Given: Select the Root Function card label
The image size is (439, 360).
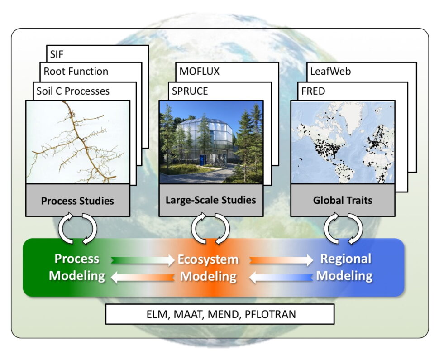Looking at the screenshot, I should point(76,71).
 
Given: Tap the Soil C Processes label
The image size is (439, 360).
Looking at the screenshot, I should point(73,91).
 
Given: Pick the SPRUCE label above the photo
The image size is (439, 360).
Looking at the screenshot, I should point(190,91).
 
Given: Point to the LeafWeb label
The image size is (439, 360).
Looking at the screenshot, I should point(330,71).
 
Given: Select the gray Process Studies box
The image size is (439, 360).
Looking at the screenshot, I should point(78,200).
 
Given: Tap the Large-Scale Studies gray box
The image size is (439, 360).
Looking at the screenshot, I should point(211,200).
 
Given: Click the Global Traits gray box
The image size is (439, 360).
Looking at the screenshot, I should point(343,200).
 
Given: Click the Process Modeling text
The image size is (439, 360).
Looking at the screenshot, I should point(77,267).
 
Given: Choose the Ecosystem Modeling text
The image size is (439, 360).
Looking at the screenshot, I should point(208,268).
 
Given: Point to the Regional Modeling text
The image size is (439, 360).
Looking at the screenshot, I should point(345,267).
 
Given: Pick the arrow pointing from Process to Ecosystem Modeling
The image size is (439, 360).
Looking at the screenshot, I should point(143,260).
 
